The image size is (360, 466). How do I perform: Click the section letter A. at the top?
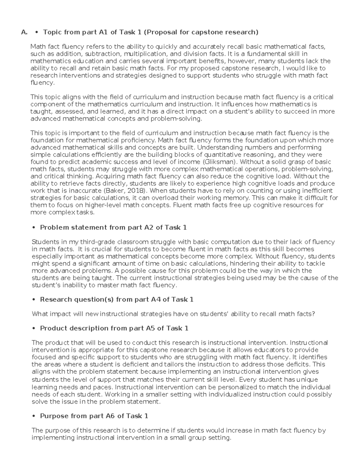[x=24, y=32]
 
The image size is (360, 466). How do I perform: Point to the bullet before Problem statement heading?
[x=34, y=228]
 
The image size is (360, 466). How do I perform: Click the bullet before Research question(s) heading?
[x=34, y=300]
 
